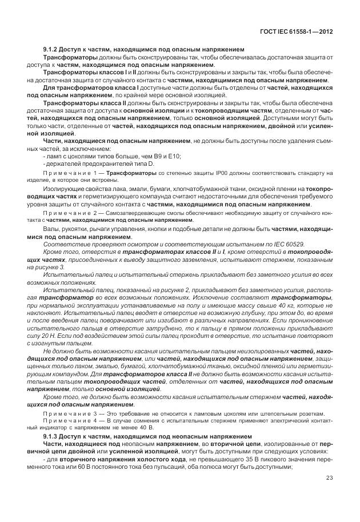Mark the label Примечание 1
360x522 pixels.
tap(68, 172)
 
